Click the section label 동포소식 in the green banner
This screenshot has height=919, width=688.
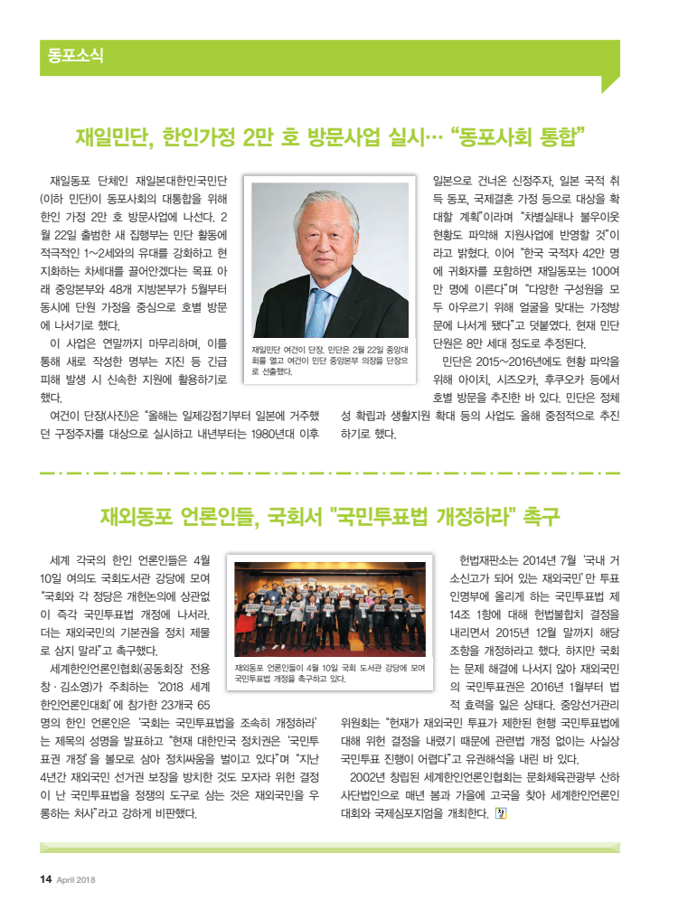click(x=76, y=56)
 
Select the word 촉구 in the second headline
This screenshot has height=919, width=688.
click(x=541, y=518)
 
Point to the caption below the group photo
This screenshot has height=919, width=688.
click(x=329, y=672)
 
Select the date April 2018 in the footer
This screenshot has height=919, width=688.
click(x=76, y=881)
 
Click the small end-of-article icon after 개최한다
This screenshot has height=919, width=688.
click(x=502, y=812)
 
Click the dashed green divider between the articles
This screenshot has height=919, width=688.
click(x=330, y=472)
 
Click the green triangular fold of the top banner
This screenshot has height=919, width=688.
click(x=609, y=84)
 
